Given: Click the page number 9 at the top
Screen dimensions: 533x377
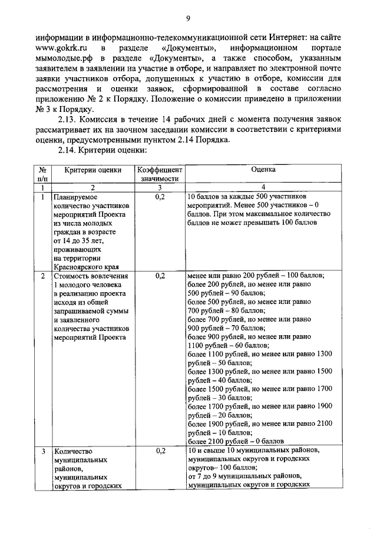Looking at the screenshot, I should point(188,18).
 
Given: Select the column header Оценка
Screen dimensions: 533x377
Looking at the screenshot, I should point(263,170).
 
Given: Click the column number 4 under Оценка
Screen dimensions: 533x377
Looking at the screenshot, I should point(263,187).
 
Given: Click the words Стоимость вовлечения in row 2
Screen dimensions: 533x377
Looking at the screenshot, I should point(88,275).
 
